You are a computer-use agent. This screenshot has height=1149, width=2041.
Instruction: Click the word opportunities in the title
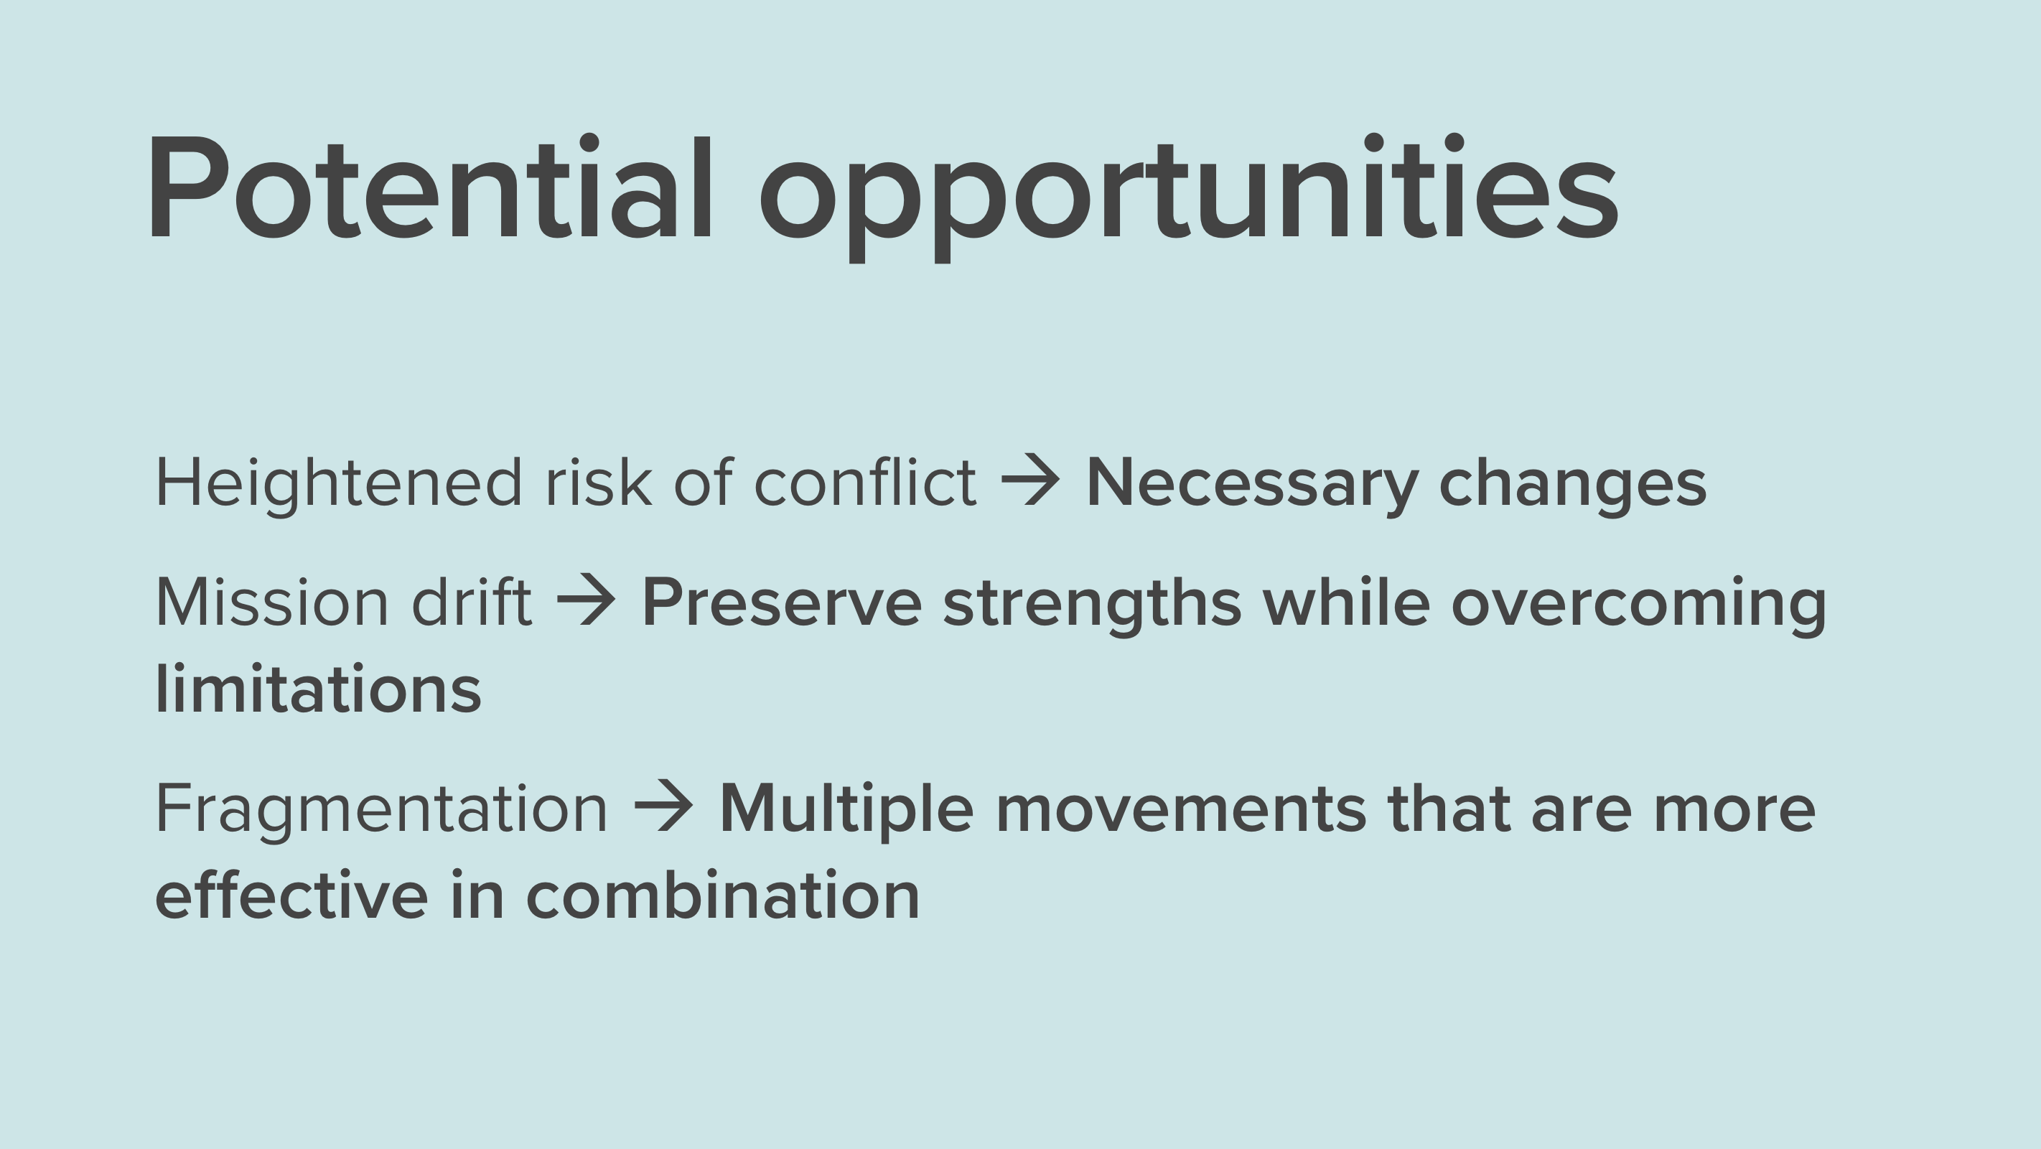(1188, 198)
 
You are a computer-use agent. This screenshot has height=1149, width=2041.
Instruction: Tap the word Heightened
(338, 483)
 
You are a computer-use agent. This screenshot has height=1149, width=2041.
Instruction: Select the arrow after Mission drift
(586, 600)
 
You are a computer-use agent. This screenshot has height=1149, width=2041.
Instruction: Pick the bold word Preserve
(782, 603)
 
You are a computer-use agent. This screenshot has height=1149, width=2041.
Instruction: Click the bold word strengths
(1092, 605)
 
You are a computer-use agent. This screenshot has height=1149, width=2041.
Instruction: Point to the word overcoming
(1638, 605)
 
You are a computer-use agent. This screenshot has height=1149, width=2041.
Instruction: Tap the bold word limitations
(319, 687)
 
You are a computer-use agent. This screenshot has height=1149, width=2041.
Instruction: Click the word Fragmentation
(382, 809)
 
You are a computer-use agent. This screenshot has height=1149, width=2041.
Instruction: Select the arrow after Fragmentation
(663, 806)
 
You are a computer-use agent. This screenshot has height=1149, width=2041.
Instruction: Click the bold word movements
(1180, 810)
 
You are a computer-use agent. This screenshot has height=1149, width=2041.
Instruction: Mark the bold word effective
(291, 894)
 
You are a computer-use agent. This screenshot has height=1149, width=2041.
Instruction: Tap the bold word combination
(723, 894)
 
